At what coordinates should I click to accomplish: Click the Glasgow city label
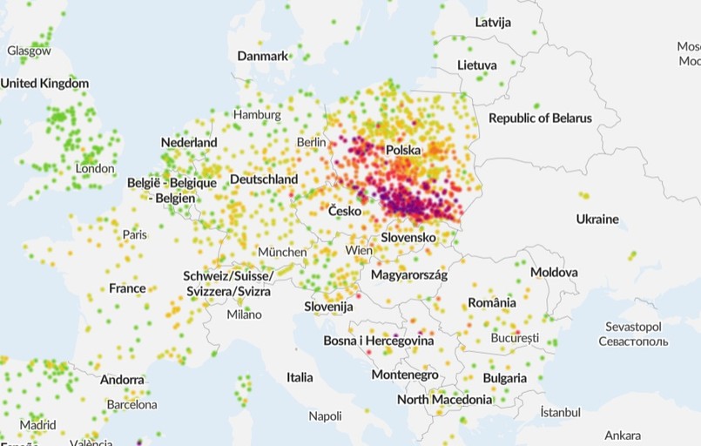[x=30, y=51]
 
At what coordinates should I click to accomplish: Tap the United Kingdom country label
[x=44, y=84]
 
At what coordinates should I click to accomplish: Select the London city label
[x=95, y=168]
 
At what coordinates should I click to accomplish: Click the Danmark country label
[x=262, y=56]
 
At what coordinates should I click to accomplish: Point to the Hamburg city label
[x=257, y=114]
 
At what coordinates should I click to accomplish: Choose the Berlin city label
[x=311, y=142]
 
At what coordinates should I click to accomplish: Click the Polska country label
[x=403, y=151]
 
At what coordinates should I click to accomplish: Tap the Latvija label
[x=493, y=22]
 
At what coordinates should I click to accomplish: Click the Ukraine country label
[x=597, y=219]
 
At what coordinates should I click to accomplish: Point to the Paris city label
[x=134, y=234]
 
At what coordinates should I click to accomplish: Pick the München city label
[x=282, y=252]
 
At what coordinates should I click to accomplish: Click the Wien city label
[x=358, y=250]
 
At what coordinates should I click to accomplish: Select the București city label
[x=514, y=336]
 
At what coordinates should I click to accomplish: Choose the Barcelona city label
[x=131, y=404]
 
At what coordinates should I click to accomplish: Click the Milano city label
[x=244, y=314]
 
